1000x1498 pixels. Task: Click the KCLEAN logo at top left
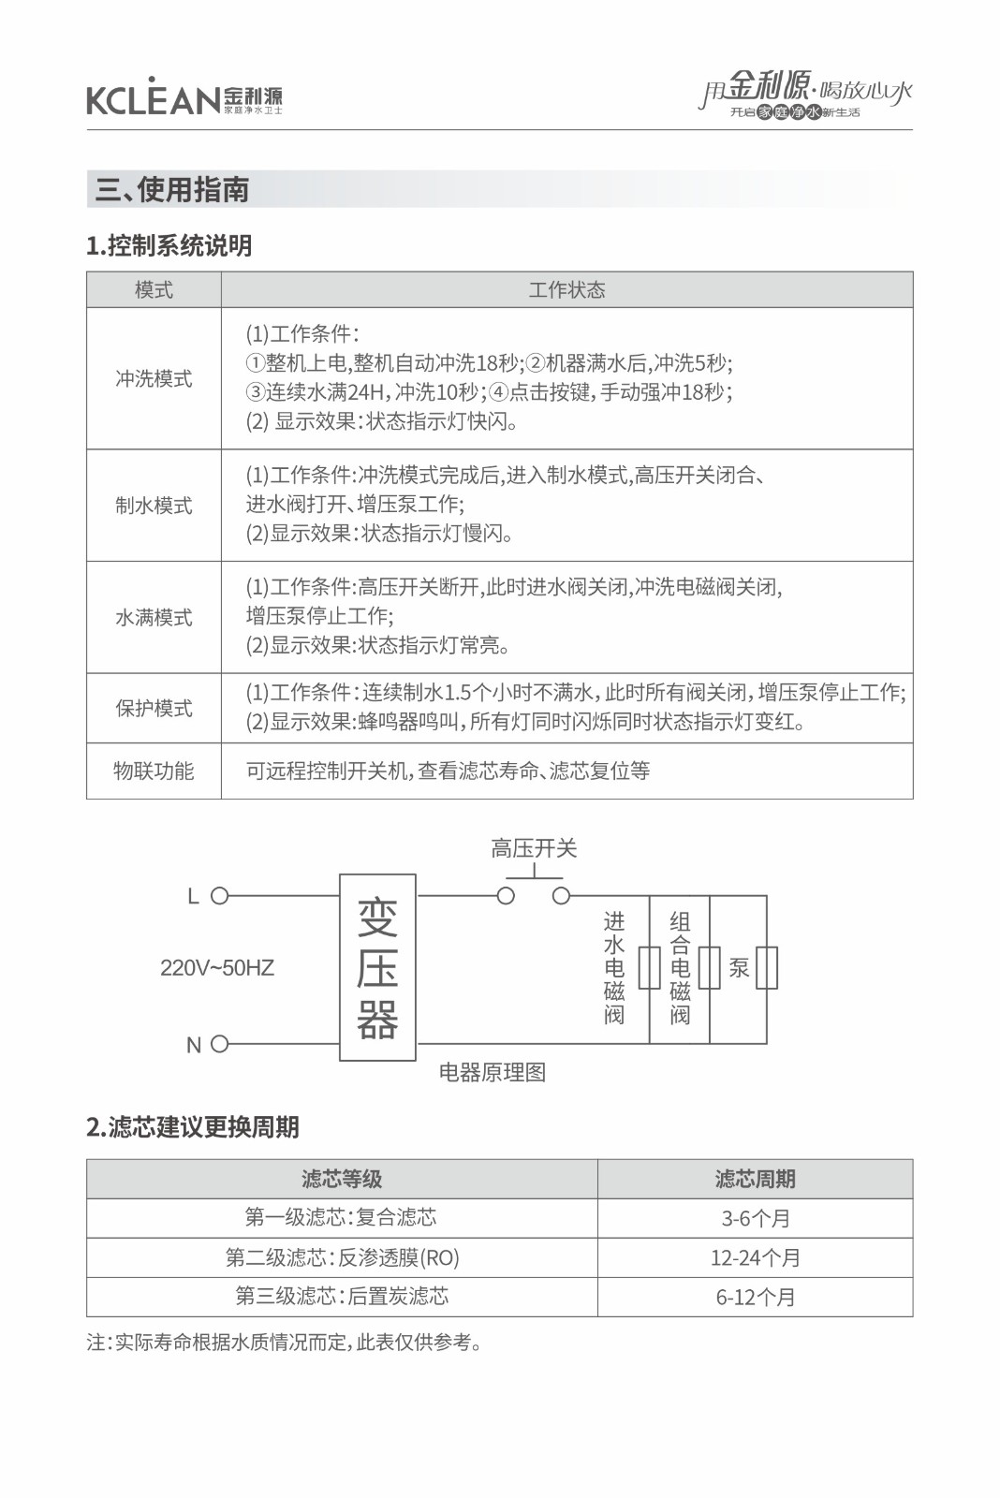(x=184, y=96)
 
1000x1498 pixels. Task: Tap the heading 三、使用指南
(x=172, y=190)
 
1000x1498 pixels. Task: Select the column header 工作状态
(x=566, y=290)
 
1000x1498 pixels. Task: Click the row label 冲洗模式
(x=154, y=378)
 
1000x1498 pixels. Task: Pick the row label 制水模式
(x=154, y=506)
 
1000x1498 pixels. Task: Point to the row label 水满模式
(x=154, y=618)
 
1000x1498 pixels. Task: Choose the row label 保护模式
(x=154, y=708)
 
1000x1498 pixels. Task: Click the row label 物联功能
(x=154, y=771)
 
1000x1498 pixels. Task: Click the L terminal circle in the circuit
(x=220, y=896)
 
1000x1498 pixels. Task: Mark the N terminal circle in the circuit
(x=220, y=1044)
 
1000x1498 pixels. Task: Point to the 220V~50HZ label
(x=217, y=968)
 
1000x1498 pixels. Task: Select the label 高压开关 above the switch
(x=534, y=848)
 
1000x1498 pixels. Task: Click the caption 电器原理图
(x=493, y=1073)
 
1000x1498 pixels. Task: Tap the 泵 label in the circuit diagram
(x=739, y=968)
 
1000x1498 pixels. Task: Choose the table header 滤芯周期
(x=755, y=1179)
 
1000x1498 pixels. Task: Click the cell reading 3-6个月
(x=755, y=1218)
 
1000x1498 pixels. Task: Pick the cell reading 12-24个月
(x=755, y=1257)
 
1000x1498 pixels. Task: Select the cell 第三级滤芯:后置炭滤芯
(x=342, y=1296)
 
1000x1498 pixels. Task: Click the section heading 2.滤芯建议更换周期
(x=193, y=1126)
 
